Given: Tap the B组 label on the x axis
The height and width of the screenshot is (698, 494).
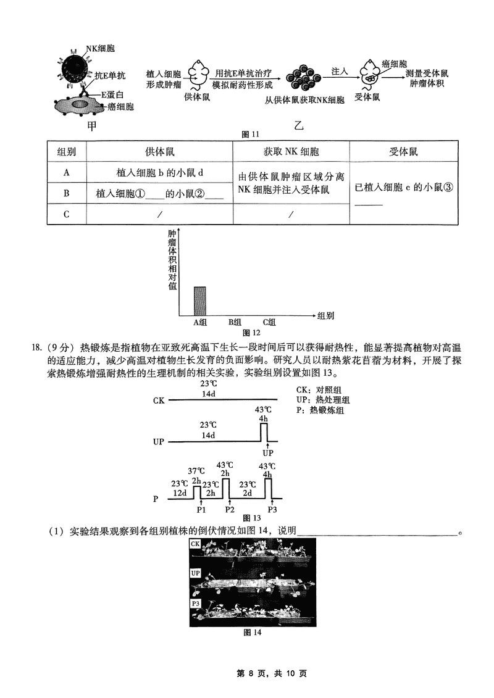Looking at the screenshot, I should point(235,322).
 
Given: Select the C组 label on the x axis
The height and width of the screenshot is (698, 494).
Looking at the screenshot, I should point(269,322).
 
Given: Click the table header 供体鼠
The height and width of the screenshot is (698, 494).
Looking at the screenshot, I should point(159,152).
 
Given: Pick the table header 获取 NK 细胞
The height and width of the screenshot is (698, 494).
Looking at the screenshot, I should point(291,152).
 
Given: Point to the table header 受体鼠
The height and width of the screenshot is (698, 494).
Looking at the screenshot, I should point(404,152).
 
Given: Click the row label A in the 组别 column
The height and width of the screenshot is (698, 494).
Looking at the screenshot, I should point(66,173).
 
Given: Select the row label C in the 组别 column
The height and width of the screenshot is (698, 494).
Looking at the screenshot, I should point(66,214).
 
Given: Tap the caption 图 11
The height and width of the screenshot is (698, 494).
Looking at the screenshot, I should point(253,135).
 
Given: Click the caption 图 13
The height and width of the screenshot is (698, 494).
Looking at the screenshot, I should point(253,517).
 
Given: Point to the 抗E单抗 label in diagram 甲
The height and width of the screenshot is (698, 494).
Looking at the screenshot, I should point(111,76).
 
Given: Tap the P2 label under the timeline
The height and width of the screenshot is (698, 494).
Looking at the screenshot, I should point(230,510).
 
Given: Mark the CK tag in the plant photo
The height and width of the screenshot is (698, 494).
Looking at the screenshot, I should point(195,544).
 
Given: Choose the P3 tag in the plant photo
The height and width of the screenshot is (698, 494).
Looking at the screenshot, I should point(196,603).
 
